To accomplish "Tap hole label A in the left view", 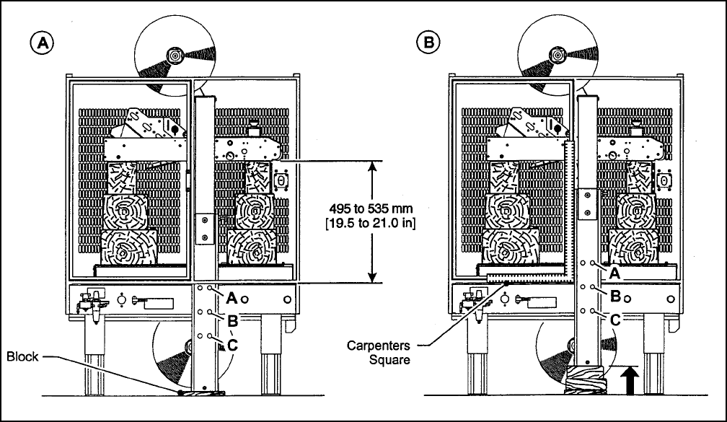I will point(232,296).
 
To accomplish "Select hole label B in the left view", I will point(232,319).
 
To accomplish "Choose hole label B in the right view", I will point(615,295).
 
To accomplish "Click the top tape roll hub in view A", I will point(175,55).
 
